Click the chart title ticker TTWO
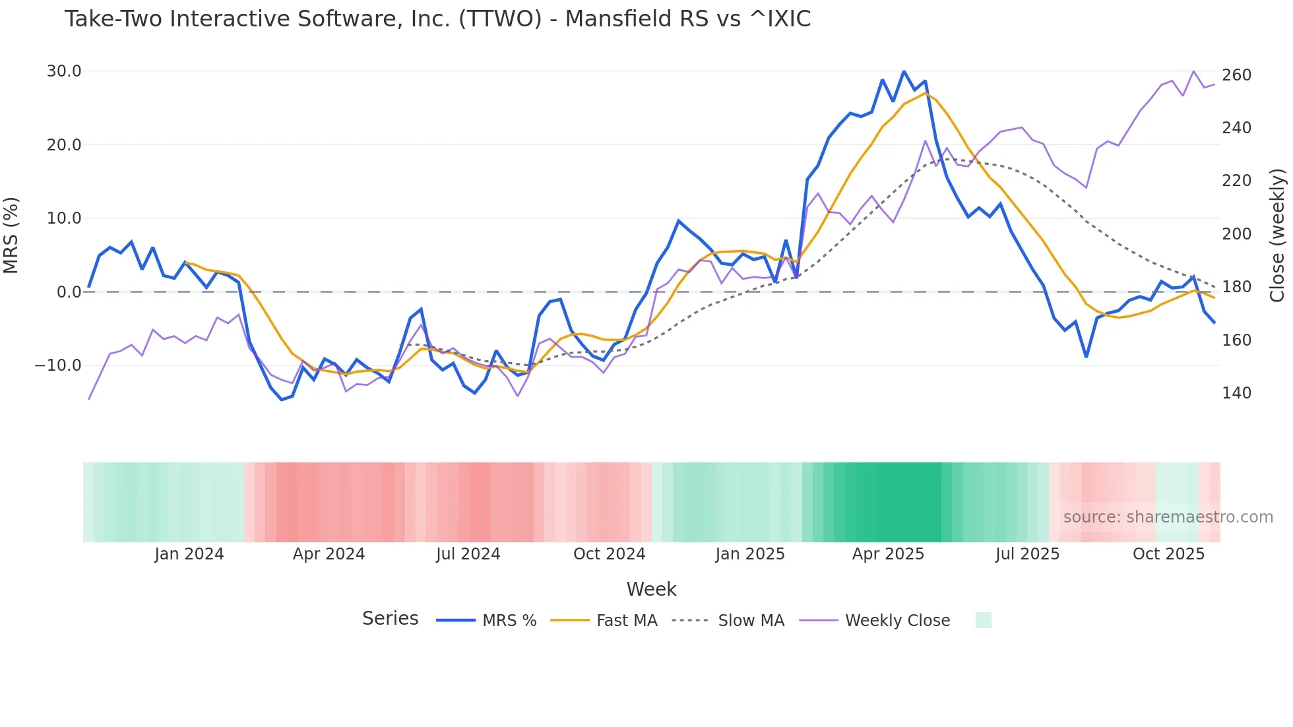click(x=500, y=19)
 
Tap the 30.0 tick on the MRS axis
click(x=64, y=71)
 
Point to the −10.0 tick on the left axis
click(x=58, y=365)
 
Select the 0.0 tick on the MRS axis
click(x=69, y=292)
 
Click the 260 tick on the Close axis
click(x=1236, y=75)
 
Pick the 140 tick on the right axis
click(x=1236, y=393)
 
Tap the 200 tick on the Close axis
click(x=1236, y=234)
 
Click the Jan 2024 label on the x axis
click(x=189, y=554)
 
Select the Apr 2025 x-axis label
click(x=888, y=554)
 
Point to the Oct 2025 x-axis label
click(x=1168, y=554)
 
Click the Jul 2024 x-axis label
click(x=468, y=554)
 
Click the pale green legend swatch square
click(x=983, y=620)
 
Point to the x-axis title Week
click(x=651, y=589)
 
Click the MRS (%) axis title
click(x=11, y=235)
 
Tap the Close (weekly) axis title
click(x=1277, y=235)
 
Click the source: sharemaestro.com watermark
click(x=1168, y=517)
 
